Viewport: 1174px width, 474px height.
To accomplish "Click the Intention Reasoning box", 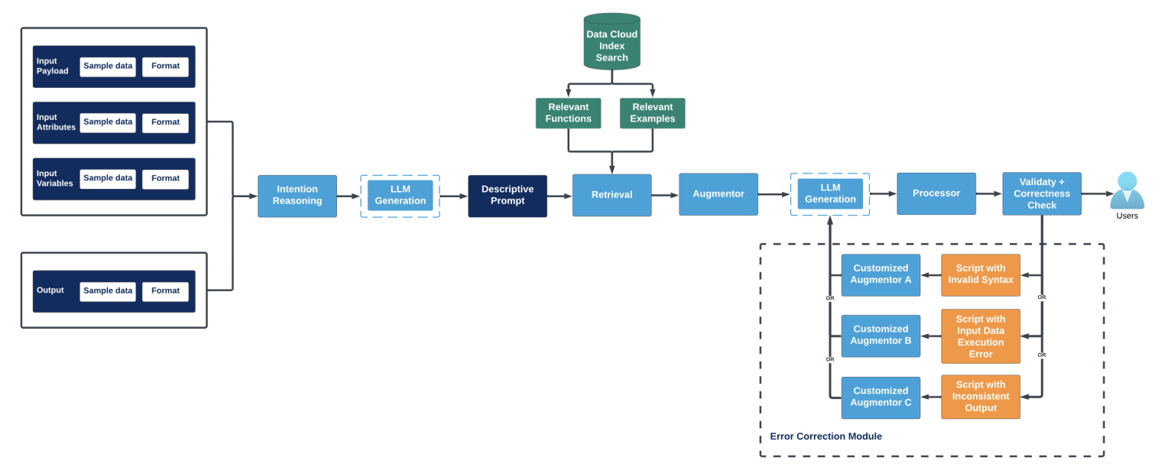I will [297, 196].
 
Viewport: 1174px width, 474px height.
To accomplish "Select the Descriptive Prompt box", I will [508, 196].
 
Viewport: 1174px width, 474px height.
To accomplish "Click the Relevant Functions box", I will [568, 113].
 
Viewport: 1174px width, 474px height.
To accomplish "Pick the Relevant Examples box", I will [652, 113].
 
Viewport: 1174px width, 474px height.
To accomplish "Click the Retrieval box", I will [611, 195].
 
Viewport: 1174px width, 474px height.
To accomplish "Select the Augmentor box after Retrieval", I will [718, 194].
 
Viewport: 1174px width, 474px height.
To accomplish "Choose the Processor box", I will [936, 193].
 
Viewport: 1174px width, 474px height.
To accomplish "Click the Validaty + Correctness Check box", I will [1042, 193].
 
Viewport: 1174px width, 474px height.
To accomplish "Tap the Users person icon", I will [1127, 191].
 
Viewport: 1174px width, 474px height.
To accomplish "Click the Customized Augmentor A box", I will [880, 274].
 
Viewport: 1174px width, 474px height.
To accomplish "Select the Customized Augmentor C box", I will [880, 397].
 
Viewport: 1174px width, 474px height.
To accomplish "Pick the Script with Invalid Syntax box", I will [980, 274].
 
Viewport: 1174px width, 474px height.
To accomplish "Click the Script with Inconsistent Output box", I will [980, 397].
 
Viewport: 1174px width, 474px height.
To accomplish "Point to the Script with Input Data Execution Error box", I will [980, 336].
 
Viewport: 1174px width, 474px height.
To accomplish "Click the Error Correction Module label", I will [825, 437].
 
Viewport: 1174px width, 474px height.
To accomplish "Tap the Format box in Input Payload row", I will [165, 67].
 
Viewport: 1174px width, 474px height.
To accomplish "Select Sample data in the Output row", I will [108, 291].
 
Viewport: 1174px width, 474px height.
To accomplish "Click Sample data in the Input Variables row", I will [108, 179].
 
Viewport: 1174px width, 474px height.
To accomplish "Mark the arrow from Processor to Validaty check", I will [989, 193].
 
